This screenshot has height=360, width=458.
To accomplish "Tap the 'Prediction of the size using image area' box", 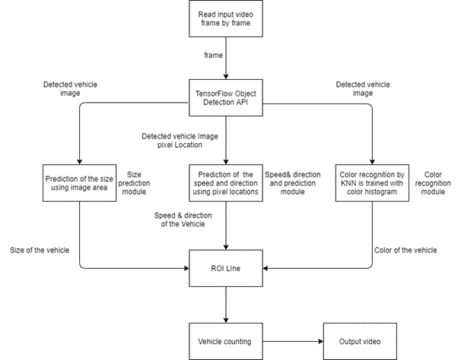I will tap(78, 183).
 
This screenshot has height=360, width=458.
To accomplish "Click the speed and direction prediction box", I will tap(225, 183).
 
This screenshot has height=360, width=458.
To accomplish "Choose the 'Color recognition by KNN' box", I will tap(372, 183).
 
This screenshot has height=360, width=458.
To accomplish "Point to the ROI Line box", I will tap(225, 267).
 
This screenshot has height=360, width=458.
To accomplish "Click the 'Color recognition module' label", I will tap(433, 183).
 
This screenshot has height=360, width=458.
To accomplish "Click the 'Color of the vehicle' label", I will tap(407, 250).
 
